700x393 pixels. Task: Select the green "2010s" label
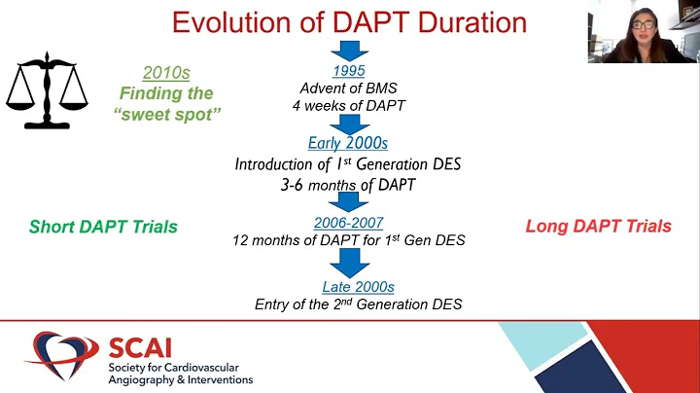pyautogui.click(x=166, y=73)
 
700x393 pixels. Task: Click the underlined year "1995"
pyautogui.click(x=348, y=71)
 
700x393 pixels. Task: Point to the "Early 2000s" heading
pyautogui.click(x=348, y=143)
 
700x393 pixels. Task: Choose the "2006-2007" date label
pyautogui.click(x=348, y=222)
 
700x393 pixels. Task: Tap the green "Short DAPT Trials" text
pyautogui.click(x=103, y=227)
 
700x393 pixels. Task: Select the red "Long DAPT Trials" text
pyautogui.click(x=598, y=227)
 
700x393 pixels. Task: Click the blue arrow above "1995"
pyautogui.click(x=348, y=51)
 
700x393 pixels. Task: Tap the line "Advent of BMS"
pyautogui.click(x=348, y=89)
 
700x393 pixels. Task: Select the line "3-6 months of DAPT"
pyautogui.click(x=348, y=183)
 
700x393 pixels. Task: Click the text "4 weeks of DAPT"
pyautogui.click(x=348, y=106)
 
